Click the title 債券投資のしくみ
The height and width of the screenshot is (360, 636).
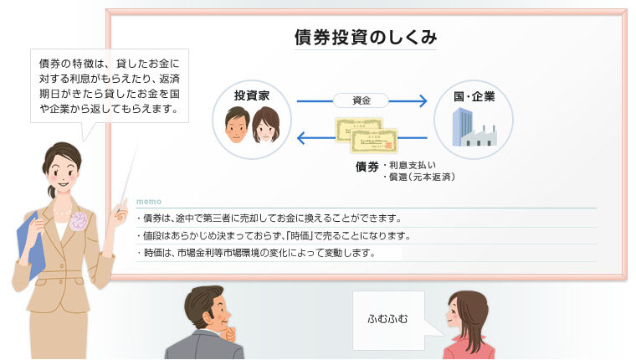pos(366,38)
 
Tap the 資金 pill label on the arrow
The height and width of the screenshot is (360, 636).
pos(361,100)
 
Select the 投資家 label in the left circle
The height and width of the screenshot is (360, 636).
pos(252,95)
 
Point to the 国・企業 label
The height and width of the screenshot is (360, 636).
pos(474,96)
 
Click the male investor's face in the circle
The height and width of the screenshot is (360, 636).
pos(237,125)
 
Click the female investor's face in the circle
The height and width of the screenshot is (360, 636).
pos(265,126)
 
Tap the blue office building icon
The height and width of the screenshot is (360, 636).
pos(463,126)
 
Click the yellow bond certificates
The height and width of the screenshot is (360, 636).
pos(367,136)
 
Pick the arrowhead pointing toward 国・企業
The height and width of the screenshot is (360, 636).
pos(423,100)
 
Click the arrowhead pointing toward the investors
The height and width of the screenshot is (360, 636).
pos(302,138)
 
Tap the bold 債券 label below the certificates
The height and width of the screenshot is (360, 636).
pos(367,167)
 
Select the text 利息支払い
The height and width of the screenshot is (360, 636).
pos(413,165)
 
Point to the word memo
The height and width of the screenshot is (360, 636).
pos(149,201)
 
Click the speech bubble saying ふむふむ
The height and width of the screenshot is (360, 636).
pos(388,320)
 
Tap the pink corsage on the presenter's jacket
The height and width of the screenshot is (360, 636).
pos(79,221)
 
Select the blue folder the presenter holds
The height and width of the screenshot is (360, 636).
pos(31,245)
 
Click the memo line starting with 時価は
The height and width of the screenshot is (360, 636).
pos(257,253)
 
